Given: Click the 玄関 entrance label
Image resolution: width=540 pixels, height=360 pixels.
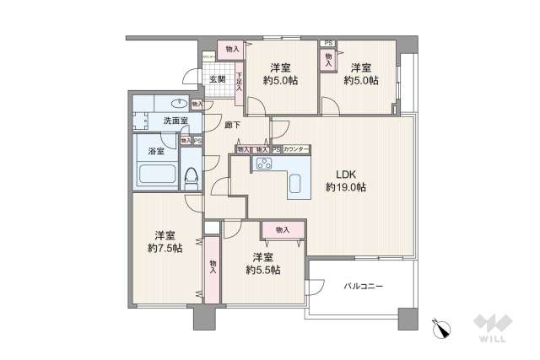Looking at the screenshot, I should pyautogui.click(x=217, y=80).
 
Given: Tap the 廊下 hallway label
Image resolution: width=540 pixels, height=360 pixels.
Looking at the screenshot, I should pyautogui.click(x=233, y=125).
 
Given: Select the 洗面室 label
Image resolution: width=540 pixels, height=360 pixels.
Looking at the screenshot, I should pyautogui.click(x=176, y=121).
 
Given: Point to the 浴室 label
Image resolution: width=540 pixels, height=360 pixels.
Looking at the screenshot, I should pyautogui.click(x=156, y=152).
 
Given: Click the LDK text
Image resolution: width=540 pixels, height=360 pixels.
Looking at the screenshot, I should pyautogui.click(x=348, y=175).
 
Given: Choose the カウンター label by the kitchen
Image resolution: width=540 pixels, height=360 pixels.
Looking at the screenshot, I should pyautogui.click(x=296, y=149).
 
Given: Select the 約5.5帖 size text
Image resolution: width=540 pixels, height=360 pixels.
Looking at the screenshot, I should pyautogui.click(x=264, y=270).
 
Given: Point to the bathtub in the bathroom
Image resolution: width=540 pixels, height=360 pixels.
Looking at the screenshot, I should pyautogui.click(x=155, y=175).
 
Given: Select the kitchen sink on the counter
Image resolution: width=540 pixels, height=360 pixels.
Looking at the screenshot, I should pyautogui.click(x=298, y=184).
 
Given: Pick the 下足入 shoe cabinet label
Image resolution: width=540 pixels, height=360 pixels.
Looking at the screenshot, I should pyautogui.click(x=240, y=81).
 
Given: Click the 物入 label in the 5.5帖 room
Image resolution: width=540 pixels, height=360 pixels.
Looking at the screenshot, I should pyautogui.click(x=281, y=229).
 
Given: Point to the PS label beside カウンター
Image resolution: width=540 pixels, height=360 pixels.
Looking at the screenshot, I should pyautogui.click(x=276, y=149).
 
